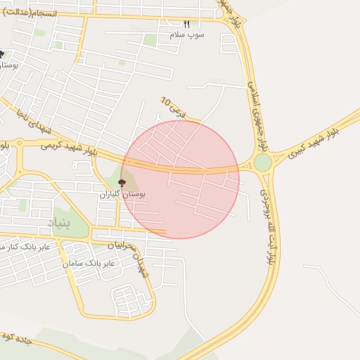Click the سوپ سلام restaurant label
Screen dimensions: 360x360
coord(186,34)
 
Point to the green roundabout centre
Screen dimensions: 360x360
coord(262,163)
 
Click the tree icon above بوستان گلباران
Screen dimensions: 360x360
coord(122,183)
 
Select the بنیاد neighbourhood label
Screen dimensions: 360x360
coord(59,223)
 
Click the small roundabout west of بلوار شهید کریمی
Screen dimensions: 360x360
coord(19,143)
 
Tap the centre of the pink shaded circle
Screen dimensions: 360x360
coord(180,179)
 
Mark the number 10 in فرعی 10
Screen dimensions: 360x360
coord(166,103)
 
